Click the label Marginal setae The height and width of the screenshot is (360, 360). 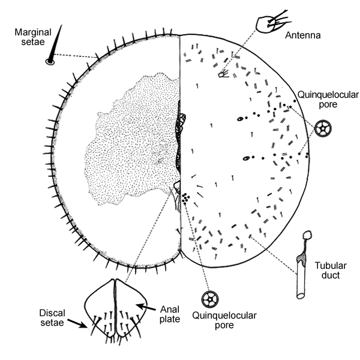tap(27, 35)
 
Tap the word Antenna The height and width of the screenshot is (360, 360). tap(305, 35)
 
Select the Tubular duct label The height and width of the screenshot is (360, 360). tap(330, 271)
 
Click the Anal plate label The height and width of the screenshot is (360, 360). tap(170, 314)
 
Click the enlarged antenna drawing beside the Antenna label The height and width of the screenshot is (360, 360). tap(268, 25)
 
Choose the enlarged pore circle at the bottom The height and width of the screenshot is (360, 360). tap(211, 299)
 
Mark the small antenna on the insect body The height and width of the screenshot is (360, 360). tap(223, 74)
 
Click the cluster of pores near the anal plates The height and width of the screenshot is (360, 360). tap(186, 197)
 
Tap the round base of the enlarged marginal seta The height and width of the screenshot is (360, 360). tap(49, 61)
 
